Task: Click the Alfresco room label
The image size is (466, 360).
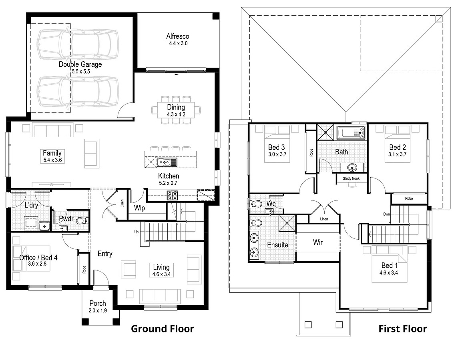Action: (177, 36)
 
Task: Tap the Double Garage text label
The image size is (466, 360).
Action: (80, 64)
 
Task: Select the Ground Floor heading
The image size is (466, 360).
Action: (163, 329)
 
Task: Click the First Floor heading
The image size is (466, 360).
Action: (403, 329)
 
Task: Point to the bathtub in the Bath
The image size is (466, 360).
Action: (351, 132)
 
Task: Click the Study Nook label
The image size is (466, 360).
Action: (351, 178)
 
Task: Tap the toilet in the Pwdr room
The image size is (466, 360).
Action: (82, 220)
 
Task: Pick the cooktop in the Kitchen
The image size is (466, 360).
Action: (172, 196)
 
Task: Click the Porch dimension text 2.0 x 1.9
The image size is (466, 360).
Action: (98, 310)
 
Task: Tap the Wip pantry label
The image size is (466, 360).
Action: (139, 208)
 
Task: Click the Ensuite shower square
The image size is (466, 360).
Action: (287, 223)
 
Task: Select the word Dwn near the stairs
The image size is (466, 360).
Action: (386, 214)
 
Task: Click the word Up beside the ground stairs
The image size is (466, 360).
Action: (137, 232)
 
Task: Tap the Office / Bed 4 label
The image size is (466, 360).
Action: (38, 258)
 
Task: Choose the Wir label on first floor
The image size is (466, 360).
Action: (318, 242)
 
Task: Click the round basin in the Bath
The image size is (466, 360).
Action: (352, 167)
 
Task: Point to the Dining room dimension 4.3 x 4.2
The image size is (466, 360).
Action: (176, 114)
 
